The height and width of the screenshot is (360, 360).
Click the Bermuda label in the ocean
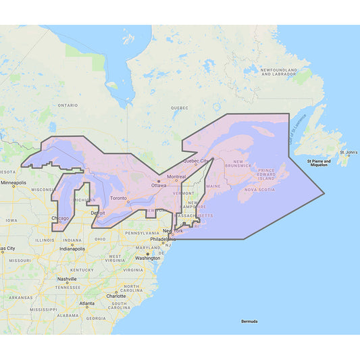click(249, 322)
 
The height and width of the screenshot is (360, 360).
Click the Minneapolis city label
click(14, 183)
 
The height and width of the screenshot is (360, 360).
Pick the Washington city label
click(148, 258)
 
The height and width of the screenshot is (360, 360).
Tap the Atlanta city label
click(86, 303)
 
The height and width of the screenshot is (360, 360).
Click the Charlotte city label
click(116, 296)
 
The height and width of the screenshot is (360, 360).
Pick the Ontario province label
click(68, 105)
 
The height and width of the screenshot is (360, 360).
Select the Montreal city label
click(176, 177)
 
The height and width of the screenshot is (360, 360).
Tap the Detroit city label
click(98, 213)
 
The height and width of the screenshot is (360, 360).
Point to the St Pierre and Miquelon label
click(319, 163)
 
